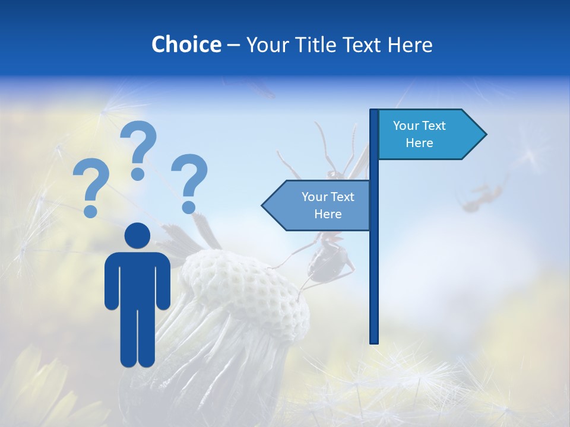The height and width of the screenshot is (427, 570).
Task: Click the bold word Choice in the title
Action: coord(186,44)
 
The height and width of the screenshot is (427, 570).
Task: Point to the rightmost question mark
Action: coord(189,183)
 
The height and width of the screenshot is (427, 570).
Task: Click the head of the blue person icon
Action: coord(138,235)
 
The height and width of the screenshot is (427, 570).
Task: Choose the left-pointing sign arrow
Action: coord(318,205)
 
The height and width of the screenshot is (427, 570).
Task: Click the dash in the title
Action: coord(233,45)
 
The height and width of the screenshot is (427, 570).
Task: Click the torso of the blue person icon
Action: coord(138,279)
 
